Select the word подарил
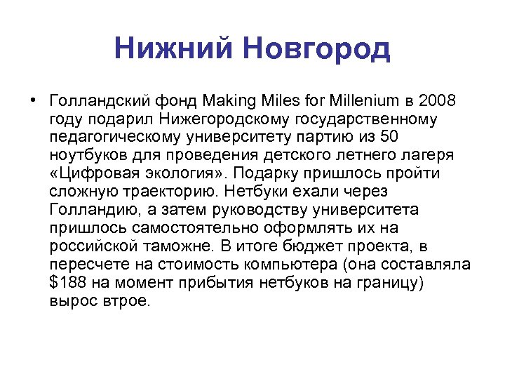115,117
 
